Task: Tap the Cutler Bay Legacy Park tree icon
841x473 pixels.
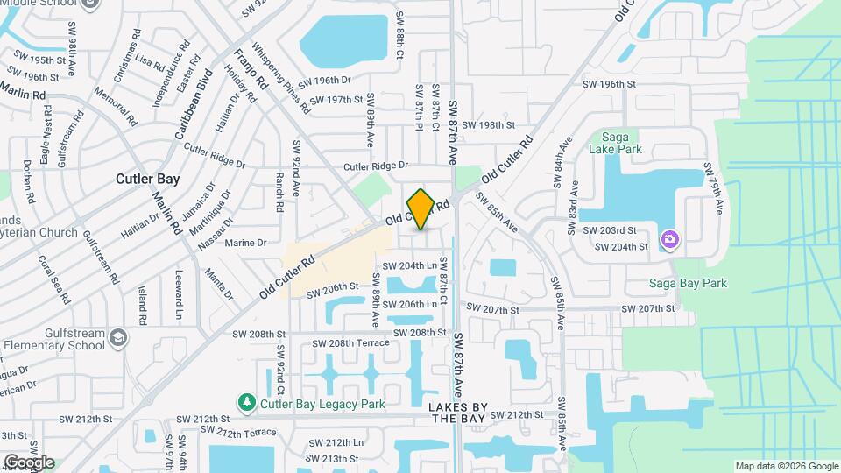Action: click(x=249, y=403)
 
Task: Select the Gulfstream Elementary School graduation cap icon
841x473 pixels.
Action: click(x=118, y=337)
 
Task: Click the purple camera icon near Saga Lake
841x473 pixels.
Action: click(x=671, y=239)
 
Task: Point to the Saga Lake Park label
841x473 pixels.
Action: click(x=622, y=143)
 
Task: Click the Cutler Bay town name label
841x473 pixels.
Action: click(x=148, y=179)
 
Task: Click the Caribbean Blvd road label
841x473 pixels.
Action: click(x=193, y=106)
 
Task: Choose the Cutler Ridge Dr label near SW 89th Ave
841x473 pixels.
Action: click(x=376, y=165)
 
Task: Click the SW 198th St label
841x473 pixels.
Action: click(x=489, y=125)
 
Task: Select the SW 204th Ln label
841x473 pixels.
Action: click(x=408, y=265)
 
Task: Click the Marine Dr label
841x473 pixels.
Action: click(x=245, y=243)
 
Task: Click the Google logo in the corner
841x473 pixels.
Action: click(x=29, y=462)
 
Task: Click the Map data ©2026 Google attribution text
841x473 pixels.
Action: click(x=786, y=466)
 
